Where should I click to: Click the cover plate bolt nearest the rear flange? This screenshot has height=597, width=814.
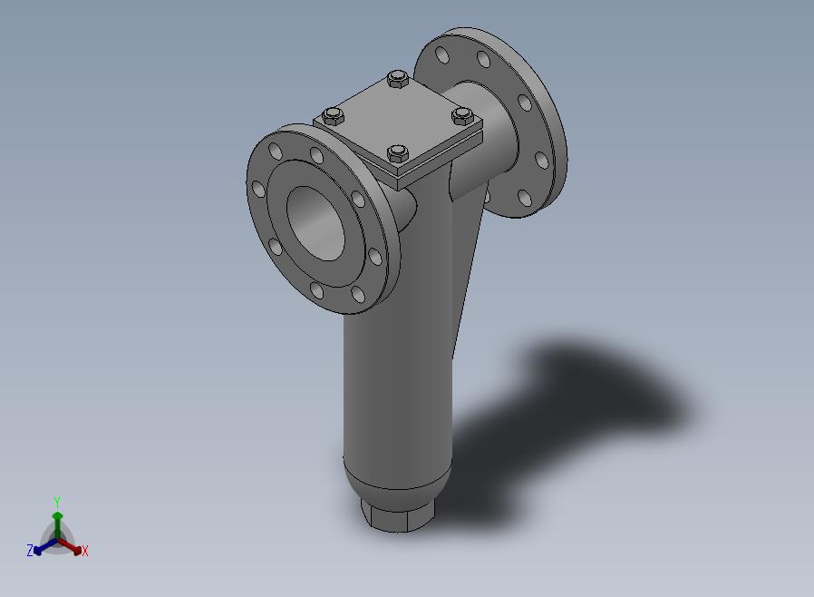398,80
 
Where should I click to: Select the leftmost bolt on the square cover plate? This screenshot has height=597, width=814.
333,116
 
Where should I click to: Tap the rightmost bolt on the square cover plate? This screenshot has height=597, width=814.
462,115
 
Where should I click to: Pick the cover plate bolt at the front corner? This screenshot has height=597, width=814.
398,153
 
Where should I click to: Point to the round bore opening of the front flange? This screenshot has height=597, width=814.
316,223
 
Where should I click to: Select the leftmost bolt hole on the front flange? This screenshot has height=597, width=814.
258,189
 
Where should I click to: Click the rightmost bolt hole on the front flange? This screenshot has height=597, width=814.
374,257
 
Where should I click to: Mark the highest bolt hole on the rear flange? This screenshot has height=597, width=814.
442,54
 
